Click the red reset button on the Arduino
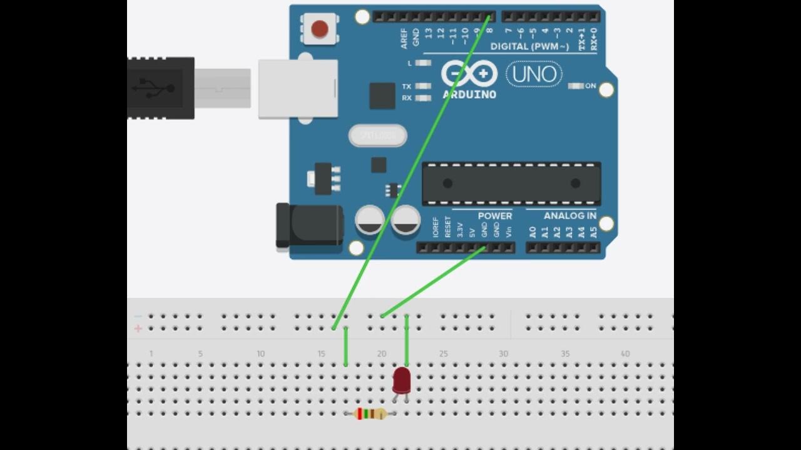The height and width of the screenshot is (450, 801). pos(320,29)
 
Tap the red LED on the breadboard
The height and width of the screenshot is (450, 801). pos(402,379)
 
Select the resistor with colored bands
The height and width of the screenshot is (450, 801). pos(370,413)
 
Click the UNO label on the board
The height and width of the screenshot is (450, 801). pos(534,74)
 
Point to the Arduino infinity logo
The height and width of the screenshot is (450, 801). pos(469,74)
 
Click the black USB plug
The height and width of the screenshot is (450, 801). pos(161,87)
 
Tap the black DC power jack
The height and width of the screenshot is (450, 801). pos(310,225)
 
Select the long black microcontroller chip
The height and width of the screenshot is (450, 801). pos(511,183)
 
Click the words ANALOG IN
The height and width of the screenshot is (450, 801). pos(569,216)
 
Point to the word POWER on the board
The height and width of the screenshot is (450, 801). pos(495,216)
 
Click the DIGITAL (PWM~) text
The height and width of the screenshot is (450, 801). pos(529,46)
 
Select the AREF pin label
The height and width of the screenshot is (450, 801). pos(404,38)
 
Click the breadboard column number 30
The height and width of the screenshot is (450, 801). pos(503,354)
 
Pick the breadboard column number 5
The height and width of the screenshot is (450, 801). pos(200,354)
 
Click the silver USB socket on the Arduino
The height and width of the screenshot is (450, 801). pos(298,88)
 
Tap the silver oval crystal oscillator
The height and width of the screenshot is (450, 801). pos(377,135)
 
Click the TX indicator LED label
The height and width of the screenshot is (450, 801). pos(407,86)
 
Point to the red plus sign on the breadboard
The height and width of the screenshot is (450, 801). pos(138,328)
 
